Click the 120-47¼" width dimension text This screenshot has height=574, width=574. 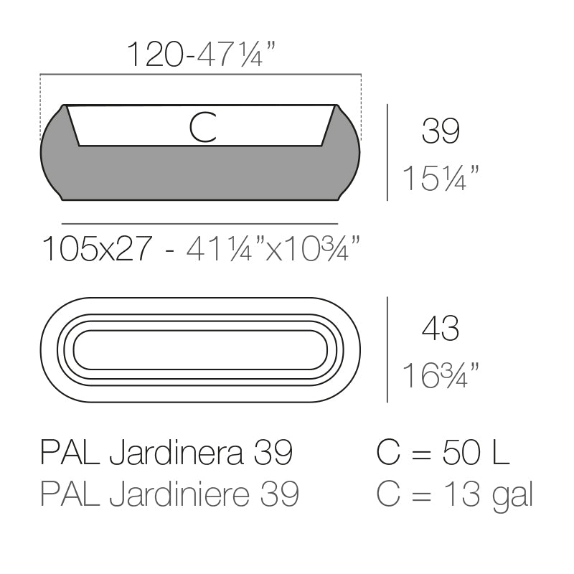202,55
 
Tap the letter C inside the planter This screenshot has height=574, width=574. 202,127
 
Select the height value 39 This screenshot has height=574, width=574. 440,131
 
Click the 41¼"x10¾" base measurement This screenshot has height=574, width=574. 273,249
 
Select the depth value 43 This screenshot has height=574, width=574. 440,329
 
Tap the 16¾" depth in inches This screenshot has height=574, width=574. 440,375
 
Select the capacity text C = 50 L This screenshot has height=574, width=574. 443,453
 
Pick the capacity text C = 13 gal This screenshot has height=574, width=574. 454,494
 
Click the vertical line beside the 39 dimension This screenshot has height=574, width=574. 387,152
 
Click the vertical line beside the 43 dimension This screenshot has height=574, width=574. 387,349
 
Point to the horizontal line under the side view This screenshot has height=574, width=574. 199,224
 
